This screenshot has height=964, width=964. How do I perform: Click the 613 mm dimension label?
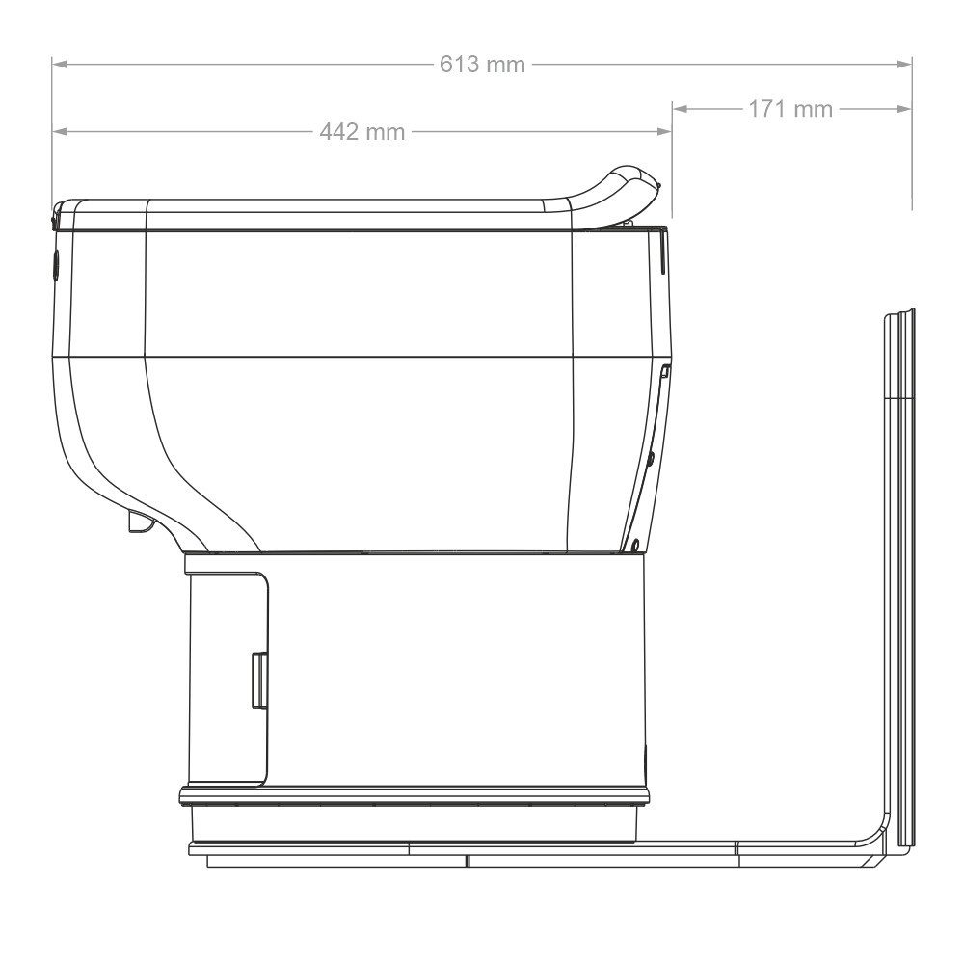point(482,65)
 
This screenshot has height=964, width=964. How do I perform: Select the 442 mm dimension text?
point(361,132)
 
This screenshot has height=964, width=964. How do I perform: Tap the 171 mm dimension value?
point(790,109)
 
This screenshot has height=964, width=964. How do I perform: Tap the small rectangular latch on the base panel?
point(259,680)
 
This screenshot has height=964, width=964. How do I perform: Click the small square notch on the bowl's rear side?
point(664,371)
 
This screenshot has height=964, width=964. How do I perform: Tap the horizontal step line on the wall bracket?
point(899,396)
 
